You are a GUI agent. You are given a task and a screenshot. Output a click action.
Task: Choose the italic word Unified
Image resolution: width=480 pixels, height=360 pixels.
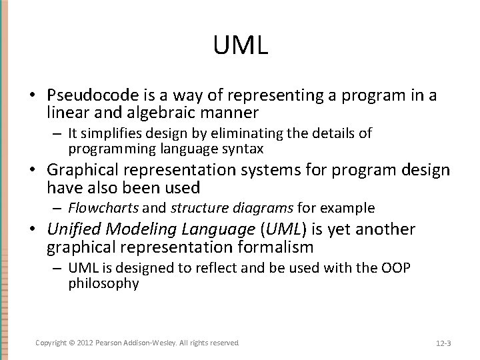(x=71, y=230)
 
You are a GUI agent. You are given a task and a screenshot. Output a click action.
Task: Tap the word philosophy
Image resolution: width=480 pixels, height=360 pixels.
(x=103, y=283)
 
